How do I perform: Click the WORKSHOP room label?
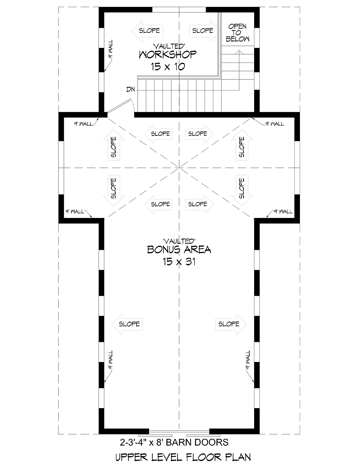[168, 55]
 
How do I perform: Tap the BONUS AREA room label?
[179, 250]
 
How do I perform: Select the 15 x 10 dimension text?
[168, 67]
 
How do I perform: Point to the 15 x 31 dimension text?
[179, 262]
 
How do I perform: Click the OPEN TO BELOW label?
[237, 33]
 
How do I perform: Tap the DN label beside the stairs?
[130, 89]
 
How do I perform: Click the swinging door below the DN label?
[119, 106]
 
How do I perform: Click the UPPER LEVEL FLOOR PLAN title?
[183, 457]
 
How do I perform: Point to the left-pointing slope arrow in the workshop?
[147, 31]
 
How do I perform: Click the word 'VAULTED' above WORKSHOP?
[169, 46]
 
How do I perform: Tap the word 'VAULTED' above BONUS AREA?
[179, 241]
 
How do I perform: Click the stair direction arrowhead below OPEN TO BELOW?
[239, 52]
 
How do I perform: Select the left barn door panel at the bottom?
[155, 436]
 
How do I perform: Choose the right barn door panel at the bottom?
[203, 436]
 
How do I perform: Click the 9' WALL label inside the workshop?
[110, 49]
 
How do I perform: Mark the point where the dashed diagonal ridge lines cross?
[179, 167]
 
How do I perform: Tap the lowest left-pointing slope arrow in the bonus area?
[127, 324]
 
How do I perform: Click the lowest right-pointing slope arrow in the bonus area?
[231, 324]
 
